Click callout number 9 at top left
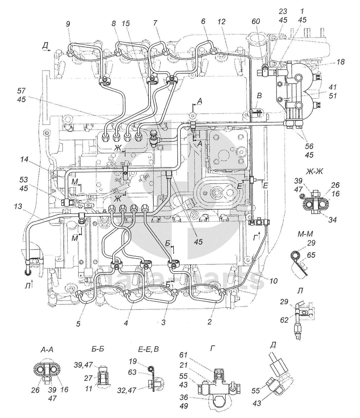click(68, 24)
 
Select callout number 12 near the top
click(221, 22)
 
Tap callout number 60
click(256, 21)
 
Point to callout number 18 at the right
click(341, 62)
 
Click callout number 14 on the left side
click(24, 159)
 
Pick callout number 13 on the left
click(18, 207)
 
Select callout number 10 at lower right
click(274, 281)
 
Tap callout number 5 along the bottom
click(78, 324)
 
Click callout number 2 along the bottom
click(210, 322)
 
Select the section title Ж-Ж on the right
click(315, 172)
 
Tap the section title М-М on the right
click(305, 234)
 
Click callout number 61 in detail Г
click(183, 360)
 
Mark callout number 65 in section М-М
click(311, 255)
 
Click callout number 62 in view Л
click(284, 320)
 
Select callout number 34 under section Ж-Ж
click(332, 220)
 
